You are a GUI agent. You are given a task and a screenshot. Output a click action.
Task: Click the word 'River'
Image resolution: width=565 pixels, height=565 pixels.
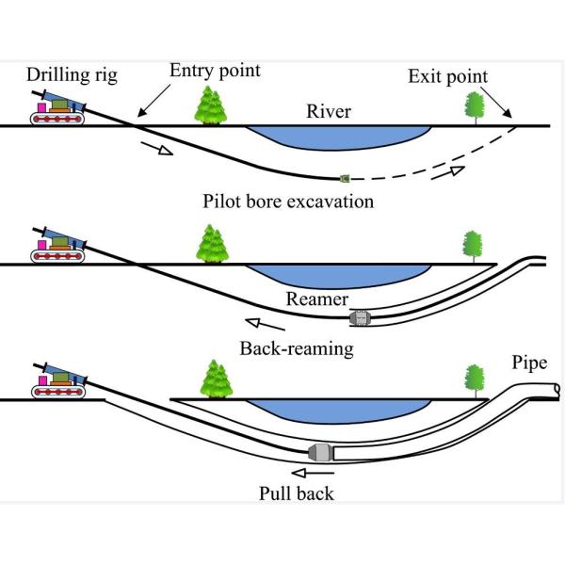329,112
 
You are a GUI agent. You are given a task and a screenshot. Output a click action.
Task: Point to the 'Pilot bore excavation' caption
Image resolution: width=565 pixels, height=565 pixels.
288,201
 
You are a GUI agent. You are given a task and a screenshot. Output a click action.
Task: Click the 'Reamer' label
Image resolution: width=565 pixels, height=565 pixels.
313,300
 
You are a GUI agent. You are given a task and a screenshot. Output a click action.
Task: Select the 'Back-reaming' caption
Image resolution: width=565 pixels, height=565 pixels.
297,348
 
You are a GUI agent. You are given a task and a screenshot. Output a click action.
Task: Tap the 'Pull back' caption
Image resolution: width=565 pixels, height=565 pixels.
297,492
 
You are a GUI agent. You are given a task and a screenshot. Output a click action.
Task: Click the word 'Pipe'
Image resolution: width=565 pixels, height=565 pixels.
529,363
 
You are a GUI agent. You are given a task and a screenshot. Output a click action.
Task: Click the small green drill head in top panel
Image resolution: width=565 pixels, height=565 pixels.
346,177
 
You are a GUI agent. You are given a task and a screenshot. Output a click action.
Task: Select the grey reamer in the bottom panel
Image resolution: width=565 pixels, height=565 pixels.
321,452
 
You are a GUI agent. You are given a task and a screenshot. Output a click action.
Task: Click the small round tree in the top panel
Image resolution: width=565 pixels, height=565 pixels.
475,106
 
